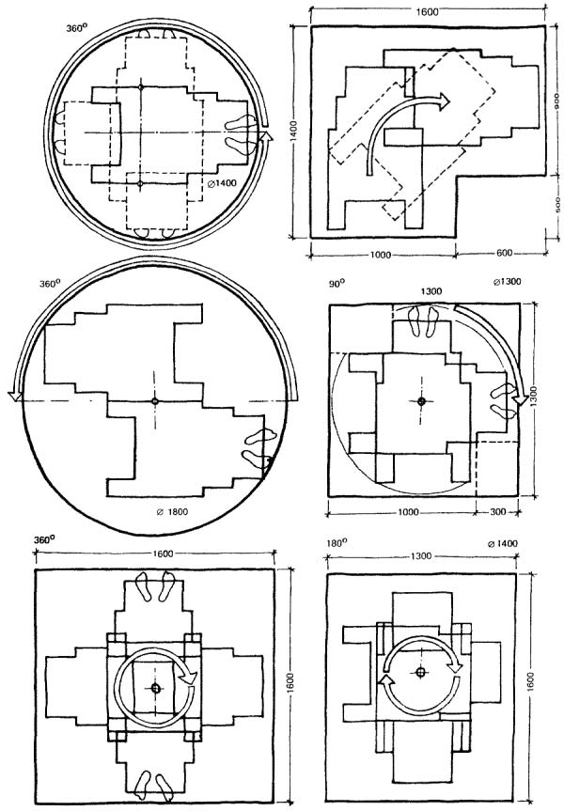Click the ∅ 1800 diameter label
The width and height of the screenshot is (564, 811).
click(172, 512)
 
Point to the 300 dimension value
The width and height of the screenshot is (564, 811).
click(497, 511)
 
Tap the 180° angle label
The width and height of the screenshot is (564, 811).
click(337, 543)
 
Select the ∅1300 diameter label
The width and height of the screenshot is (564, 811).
click(507, 282)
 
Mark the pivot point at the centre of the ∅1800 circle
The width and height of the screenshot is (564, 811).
click(154, 401)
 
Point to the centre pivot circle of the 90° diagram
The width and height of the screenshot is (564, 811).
click(421, 401)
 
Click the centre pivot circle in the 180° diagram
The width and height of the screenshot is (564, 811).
click(420, 672)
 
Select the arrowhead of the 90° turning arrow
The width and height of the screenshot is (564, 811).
click(521, 400)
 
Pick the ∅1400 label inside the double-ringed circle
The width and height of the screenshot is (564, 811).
click(218, 181)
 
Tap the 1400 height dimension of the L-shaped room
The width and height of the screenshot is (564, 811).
click(293, 132)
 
